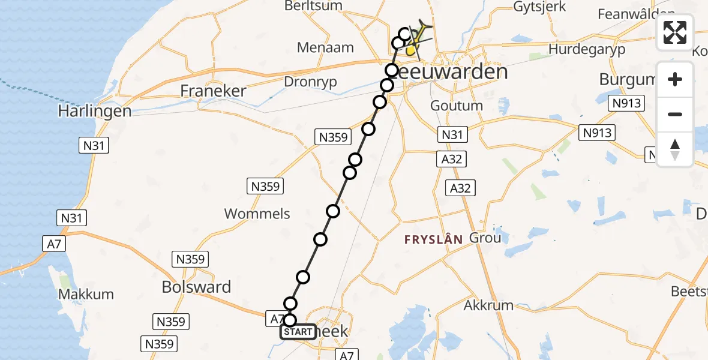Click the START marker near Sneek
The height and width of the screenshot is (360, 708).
click(298, 332)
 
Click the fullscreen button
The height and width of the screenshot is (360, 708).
click(675, 32)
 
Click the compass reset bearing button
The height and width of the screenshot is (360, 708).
click(675, 149)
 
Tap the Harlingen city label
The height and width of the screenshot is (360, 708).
click(94, 111)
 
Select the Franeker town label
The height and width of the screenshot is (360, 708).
click(214, 91)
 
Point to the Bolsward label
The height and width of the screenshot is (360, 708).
click(196, 287)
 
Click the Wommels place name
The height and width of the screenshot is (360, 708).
click(257, 214)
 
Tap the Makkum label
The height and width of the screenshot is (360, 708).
click(86, 295)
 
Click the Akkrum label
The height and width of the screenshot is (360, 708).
click(489, 305)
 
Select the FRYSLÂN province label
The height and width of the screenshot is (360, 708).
click(433, 239)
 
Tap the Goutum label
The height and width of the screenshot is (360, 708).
click(457, 106)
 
